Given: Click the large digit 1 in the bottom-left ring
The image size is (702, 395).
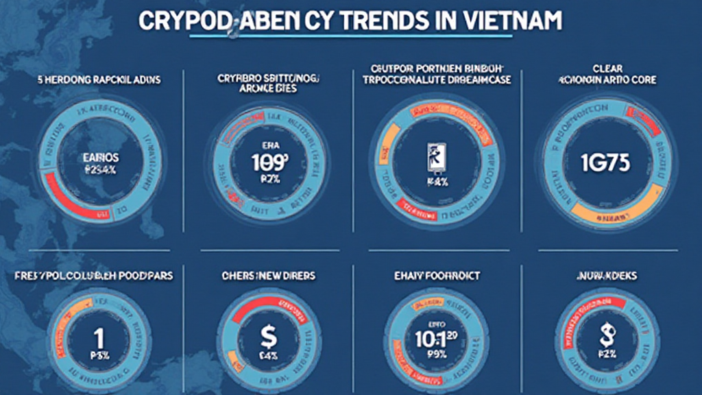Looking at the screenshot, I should coord(99,338).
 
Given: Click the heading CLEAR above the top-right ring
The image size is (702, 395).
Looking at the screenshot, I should coord(607,68).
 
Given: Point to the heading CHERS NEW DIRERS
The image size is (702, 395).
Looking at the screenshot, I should coord(268,276).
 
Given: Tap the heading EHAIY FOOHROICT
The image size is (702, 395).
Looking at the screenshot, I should coord(437,276).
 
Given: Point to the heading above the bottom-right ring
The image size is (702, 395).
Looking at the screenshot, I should coord(605,276).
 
